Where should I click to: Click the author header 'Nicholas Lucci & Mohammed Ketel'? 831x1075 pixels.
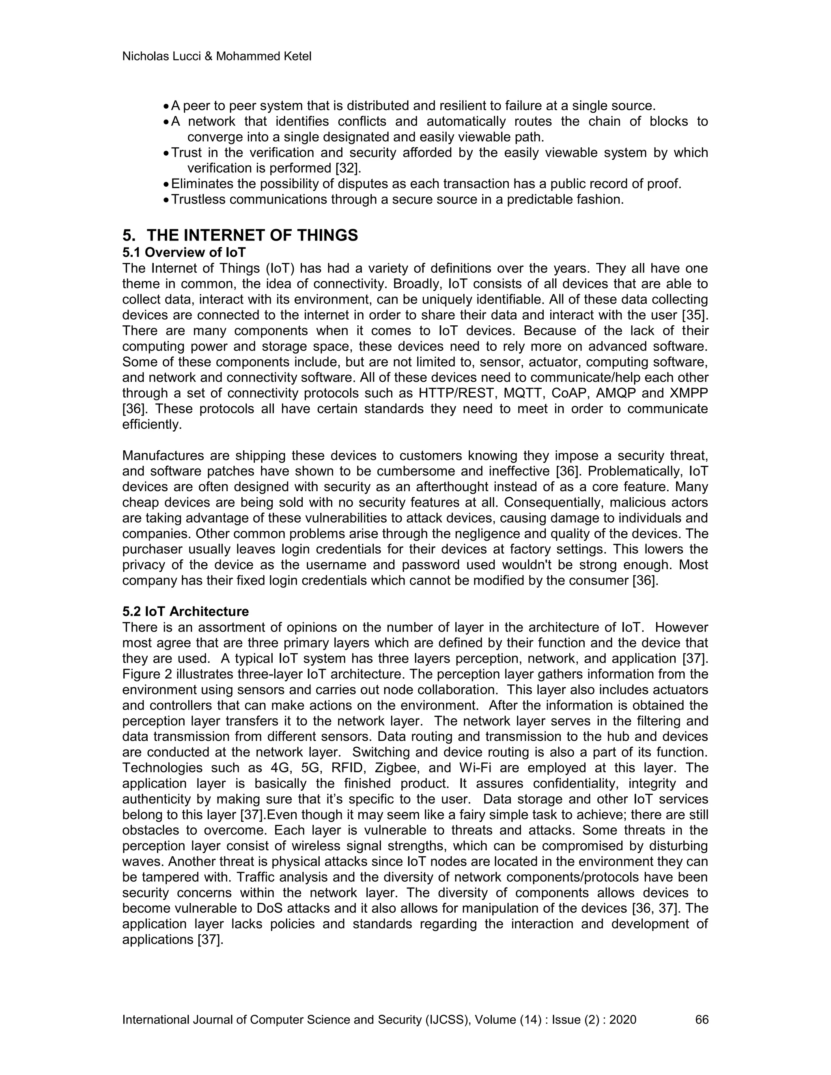[217, 57]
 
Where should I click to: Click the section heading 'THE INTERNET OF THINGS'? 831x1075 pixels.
[252, 235]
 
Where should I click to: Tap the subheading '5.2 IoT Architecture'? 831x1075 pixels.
[185, 611]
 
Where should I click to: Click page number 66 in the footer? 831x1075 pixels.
[702, 1019]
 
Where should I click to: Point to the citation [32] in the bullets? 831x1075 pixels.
[348, 168]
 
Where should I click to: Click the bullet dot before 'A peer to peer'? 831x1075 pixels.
[166, 107]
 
